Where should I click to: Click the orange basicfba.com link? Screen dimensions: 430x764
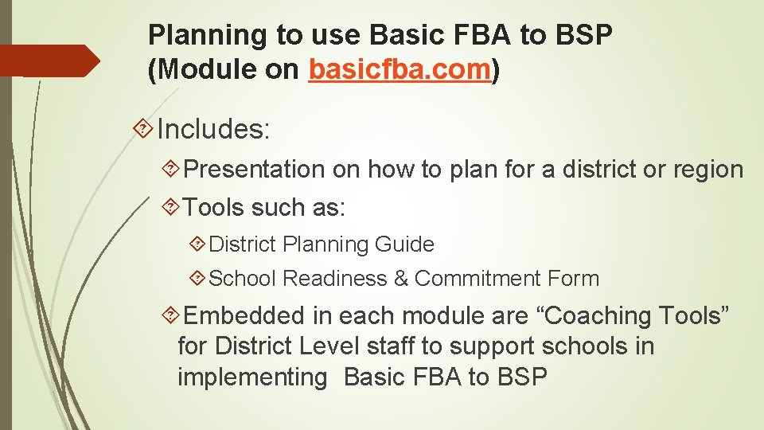pyautogui.click(x=398, y=70)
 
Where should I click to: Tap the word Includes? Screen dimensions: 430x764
pyautogui.click(x=214, y=128)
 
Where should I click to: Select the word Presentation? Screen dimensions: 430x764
pyautogui.click(x=254, y=170)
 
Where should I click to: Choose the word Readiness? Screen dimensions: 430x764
pyautogui.click(x=333, y=279)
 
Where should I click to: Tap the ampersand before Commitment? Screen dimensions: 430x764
pyautogui.click(x=400, y=279)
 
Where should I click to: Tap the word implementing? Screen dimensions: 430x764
pyautogui.click(x=252, y=377)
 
